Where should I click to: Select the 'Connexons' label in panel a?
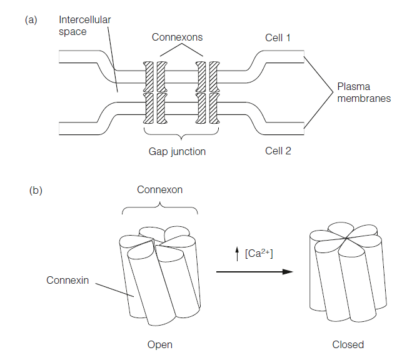(177, 37)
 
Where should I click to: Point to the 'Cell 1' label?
(278, 37)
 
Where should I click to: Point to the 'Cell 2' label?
(278, 151)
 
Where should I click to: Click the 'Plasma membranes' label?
(363, 92)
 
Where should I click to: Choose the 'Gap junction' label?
(177, 151)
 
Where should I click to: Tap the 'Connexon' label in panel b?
(160, 189)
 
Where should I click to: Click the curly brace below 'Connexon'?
(160, 208)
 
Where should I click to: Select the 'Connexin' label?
(68, 280)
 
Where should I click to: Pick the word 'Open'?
(159, 344)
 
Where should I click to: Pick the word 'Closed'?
(348, 344)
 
